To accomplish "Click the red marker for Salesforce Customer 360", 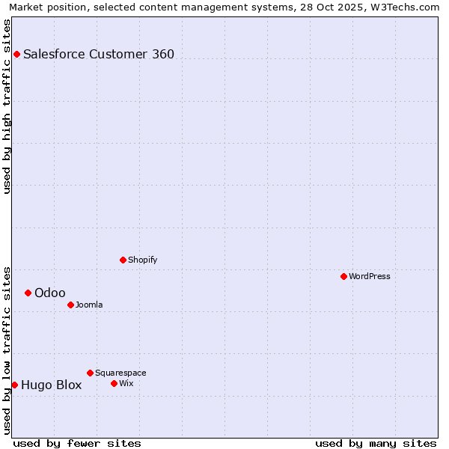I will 16,54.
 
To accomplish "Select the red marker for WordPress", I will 343,276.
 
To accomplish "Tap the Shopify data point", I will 123,260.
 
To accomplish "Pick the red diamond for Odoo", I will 28,293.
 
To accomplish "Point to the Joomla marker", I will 70,305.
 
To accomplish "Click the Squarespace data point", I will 90,373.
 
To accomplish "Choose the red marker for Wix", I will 114,383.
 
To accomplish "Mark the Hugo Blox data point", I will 14,385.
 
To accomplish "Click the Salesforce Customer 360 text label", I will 99,54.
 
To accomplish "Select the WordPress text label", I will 370,276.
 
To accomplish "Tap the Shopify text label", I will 142,260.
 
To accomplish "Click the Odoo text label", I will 50,293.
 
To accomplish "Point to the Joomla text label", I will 89,305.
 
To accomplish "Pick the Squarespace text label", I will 120,373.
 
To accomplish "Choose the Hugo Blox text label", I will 52,385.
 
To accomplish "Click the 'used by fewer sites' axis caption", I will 77,443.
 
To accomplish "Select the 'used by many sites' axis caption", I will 376,443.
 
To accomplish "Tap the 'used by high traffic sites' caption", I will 7,106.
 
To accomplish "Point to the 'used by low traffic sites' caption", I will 7,349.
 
